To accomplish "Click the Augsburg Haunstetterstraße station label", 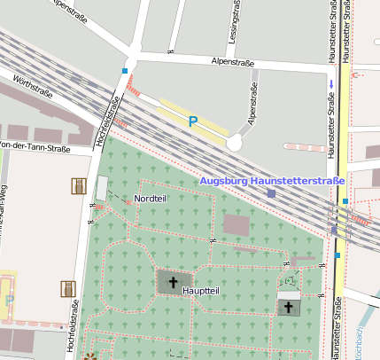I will pos(272,181).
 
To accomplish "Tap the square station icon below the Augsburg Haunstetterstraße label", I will pos(271,192).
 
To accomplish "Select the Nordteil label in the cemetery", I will pos(150,198).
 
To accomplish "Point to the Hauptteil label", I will pos(200,290).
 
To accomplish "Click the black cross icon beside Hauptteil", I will pos(173,282).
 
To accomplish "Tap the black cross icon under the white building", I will pos(288,307).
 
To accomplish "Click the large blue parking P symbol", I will pos(192,121).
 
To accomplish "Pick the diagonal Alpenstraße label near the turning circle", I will pos(252,106).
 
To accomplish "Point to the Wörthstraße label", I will pos(34,87).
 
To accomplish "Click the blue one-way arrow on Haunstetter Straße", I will pos(331,84).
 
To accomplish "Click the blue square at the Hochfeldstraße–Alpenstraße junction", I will pos(125,71).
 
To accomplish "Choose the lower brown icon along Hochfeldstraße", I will pos(67,288).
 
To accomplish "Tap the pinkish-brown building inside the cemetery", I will pos(237,225).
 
